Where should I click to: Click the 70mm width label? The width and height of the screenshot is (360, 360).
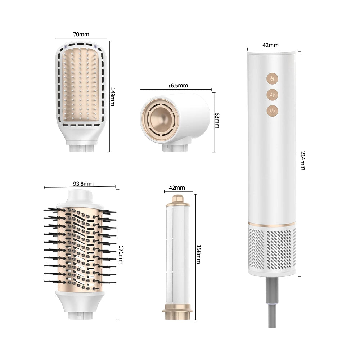point(81,35)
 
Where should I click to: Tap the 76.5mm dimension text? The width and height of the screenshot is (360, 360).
point(177,86)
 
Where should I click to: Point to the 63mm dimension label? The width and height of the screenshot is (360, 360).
point(217,121)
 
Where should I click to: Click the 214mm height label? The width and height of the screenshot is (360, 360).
point(303,160)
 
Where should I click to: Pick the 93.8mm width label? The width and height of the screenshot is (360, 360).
point(83,184)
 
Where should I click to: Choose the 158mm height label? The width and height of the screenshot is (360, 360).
point(198,255)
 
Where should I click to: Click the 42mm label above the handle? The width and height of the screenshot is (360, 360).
point(270,45)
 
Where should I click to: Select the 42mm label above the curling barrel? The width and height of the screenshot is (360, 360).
point(177,188)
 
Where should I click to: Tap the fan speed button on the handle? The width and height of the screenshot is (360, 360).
point(272,94)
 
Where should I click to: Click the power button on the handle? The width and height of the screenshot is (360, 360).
point(272,111)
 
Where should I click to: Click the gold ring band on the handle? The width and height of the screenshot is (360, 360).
point(272,225)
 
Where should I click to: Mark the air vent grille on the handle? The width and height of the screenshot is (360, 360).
point(272,248)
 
